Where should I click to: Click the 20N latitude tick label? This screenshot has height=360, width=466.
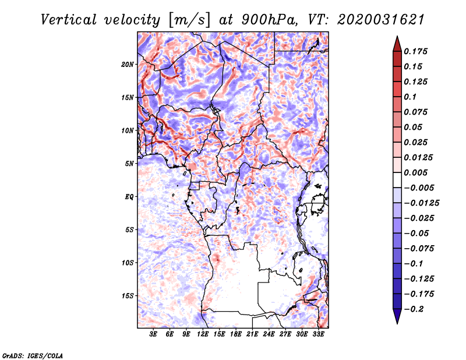tap(128, 65)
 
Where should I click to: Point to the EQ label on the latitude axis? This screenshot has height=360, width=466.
tap(129, 197)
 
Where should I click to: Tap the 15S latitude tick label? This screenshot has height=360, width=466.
tap(128, 296)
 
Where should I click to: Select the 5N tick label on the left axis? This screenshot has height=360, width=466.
tap(129, 164)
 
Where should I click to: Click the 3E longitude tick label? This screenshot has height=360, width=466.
tap(153, 334)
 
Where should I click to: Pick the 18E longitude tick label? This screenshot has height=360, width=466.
tap(236, 334)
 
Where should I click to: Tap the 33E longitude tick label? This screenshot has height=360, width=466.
tap(318, 334)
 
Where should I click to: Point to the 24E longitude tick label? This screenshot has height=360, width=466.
tap(269, 334)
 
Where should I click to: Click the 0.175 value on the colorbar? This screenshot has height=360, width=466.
tap(415, 51)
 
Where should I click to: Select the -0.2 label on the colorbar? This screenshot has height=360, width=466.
tap(414, 309)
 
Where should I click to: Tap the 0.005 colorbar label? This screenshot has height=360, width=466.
tap(415, 172)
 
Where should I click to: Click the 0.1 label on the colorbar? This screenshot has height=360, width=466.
tap(410, 97)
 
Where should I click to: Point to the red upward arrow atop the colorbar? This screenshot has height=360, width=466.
tap(397, 44)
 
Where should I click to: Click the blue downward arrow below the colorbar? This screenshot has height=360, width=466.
tap(397, 316)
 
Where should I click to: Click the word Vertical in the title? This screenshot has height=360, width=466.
tap(69, 20)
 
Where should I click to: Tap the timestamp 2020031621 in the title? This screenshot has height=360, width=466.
tap(381, 20)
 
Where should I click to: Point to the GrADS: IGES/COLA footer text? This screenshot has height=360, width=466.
tap(33, 355)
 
